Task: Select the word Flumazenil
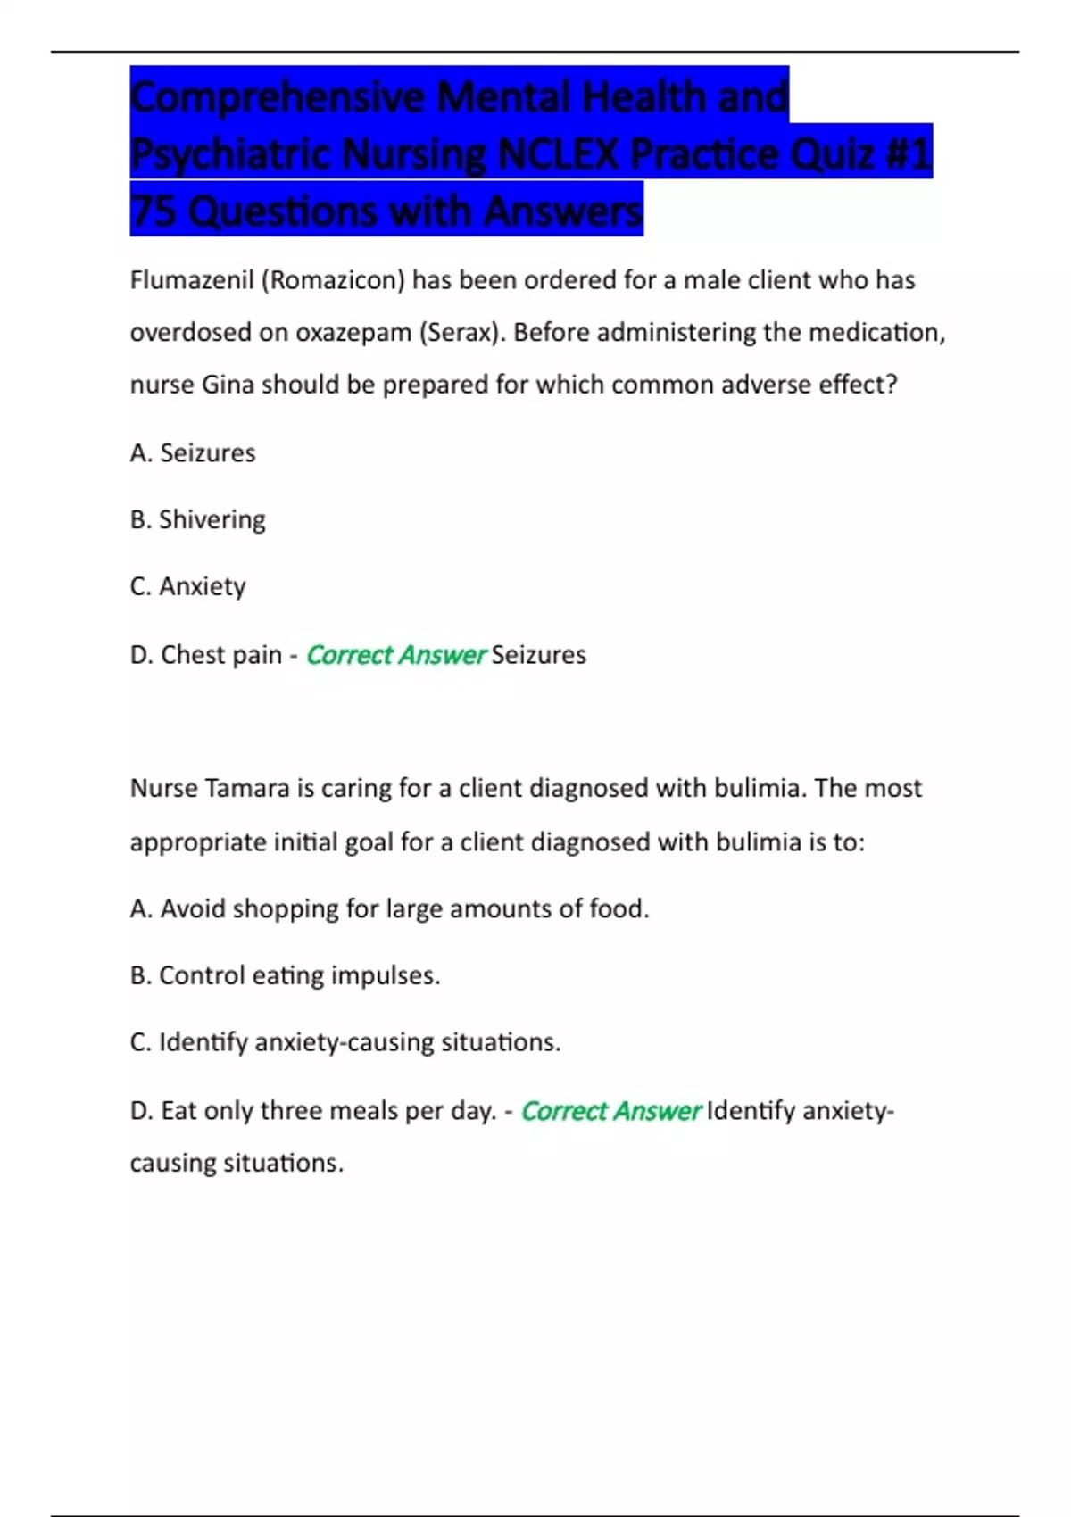coord(192,280)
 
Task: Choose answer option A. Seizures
coord(193,453)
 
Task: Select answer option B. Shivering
coord(198,519)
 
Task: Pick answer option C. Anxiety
coord(188,586)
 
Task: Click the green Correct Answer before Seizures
coord(395,655)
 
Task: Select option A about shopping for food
coord(389,908)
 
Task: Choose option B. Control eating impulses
coord(286,975)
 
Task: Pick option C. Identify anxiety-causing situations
coord(345,1042)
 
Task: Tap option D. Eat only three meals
coord(312,1111)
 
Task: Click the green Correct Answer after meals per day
coord(610,1111)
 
